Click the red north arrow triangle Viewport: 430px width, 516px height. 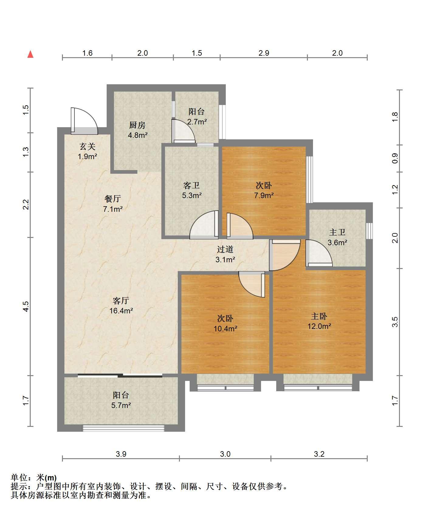pos(30,54)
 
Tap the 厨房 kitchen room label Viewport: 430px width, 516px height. pos(137,125)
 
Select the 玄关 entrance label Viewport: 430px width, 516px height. pos(88,147)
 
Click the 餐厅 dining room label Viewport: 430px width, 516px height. pos(113,199)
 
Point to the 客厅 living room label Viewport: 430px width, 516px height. pos(121,301)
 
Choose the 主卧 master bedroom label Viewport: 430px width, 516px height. pos(319,316)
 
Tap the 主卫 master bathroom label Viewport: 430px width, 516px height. pos(337,232)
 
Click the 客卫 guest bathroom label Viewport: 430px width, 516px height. pos(191,185)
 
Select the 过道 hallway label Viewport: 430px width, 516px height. pos(225,249)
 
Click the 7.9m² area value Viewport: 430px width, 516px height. pos(264,195)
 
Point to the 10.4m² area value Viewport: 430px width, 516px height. pos(225,329)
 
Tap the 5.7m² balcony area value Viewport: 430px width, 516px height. pos(121,405)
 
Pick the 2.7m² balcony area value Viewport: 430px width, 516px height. pos(197,122)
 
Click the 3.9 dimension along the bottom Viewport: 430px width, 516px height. pos(121,454)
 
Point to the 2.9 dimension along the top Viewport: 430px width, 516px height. pos(264,53)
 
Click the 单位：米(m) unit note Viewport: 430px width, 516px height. pos(34,478)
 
